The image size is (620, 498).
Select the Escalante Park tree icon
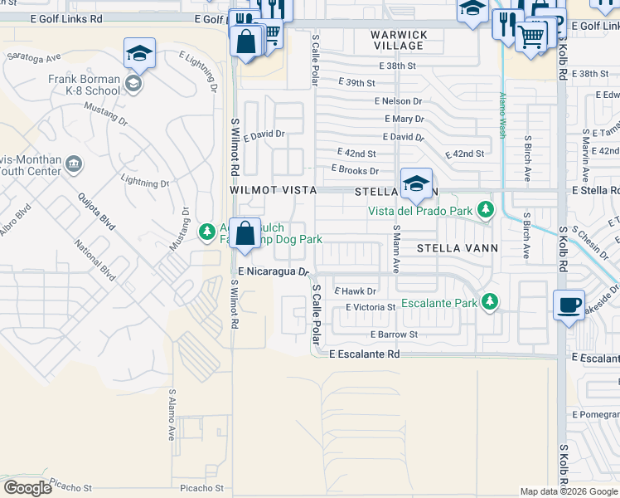tap(490, 302)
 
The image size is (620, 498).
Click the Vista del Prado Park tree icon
tap(486, 210)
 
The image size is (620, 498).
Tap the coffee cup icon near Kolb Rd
tap(569, 305)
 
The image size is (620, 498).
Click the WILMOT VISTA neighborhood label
tap(274, 190)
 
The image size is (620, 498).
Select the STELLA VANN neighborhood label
tap(457, 247)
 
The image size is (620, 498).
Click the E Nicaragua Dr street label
tap(273, 271)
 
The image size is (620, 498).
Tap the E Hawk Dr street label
tap(355, 291)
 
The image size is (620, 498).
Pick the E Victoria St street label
tap(370, 307)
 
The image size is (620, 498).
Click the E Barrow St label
tap(394, 334)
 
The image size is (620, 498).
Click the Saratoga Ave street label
tap(34, 58)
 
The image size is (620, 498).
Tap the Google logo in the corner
tap(27, 487)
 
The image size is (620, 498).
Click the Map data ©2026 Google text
tap(569, 491)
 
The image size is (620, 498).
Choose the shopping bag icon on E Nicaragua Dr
tap(245, 233)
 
